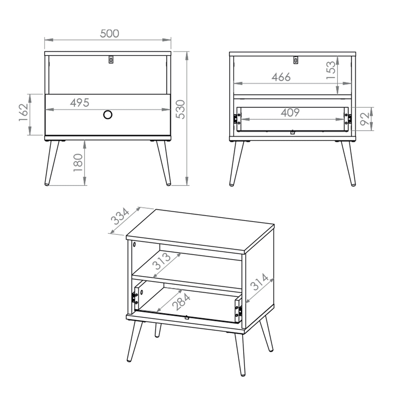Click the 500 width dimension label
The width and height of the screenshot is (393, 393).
click(x=109, y=34)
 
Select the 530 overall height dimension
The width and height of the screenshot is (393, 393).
click(x=180, y=109)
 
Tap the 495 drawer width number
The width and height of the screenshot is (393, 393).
click(x=80, y=103)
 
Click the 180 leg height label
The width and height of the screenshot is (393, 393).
click(x=78, y=162)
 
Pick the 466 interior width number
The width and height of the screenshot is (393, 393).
click(x=281, y=77)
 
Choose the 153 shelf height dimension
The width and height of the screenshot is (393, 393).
click(x=330, y=70)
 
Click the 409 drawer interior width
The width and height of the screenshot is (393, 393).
click(x=290, y=113)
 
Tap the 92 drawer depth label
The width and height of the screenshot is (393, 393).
click(x=365, y=119)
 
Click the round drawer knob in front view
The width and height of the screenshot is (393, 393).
click(x=108, y=115)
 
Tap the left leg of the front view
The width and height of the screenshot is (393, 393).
click(x=51, y=163)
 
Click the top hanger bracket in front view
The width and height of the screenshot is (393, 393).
click(x=111, y=60)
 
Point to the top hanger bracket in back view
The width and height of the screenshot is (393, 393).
click(x=295, y=60)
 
